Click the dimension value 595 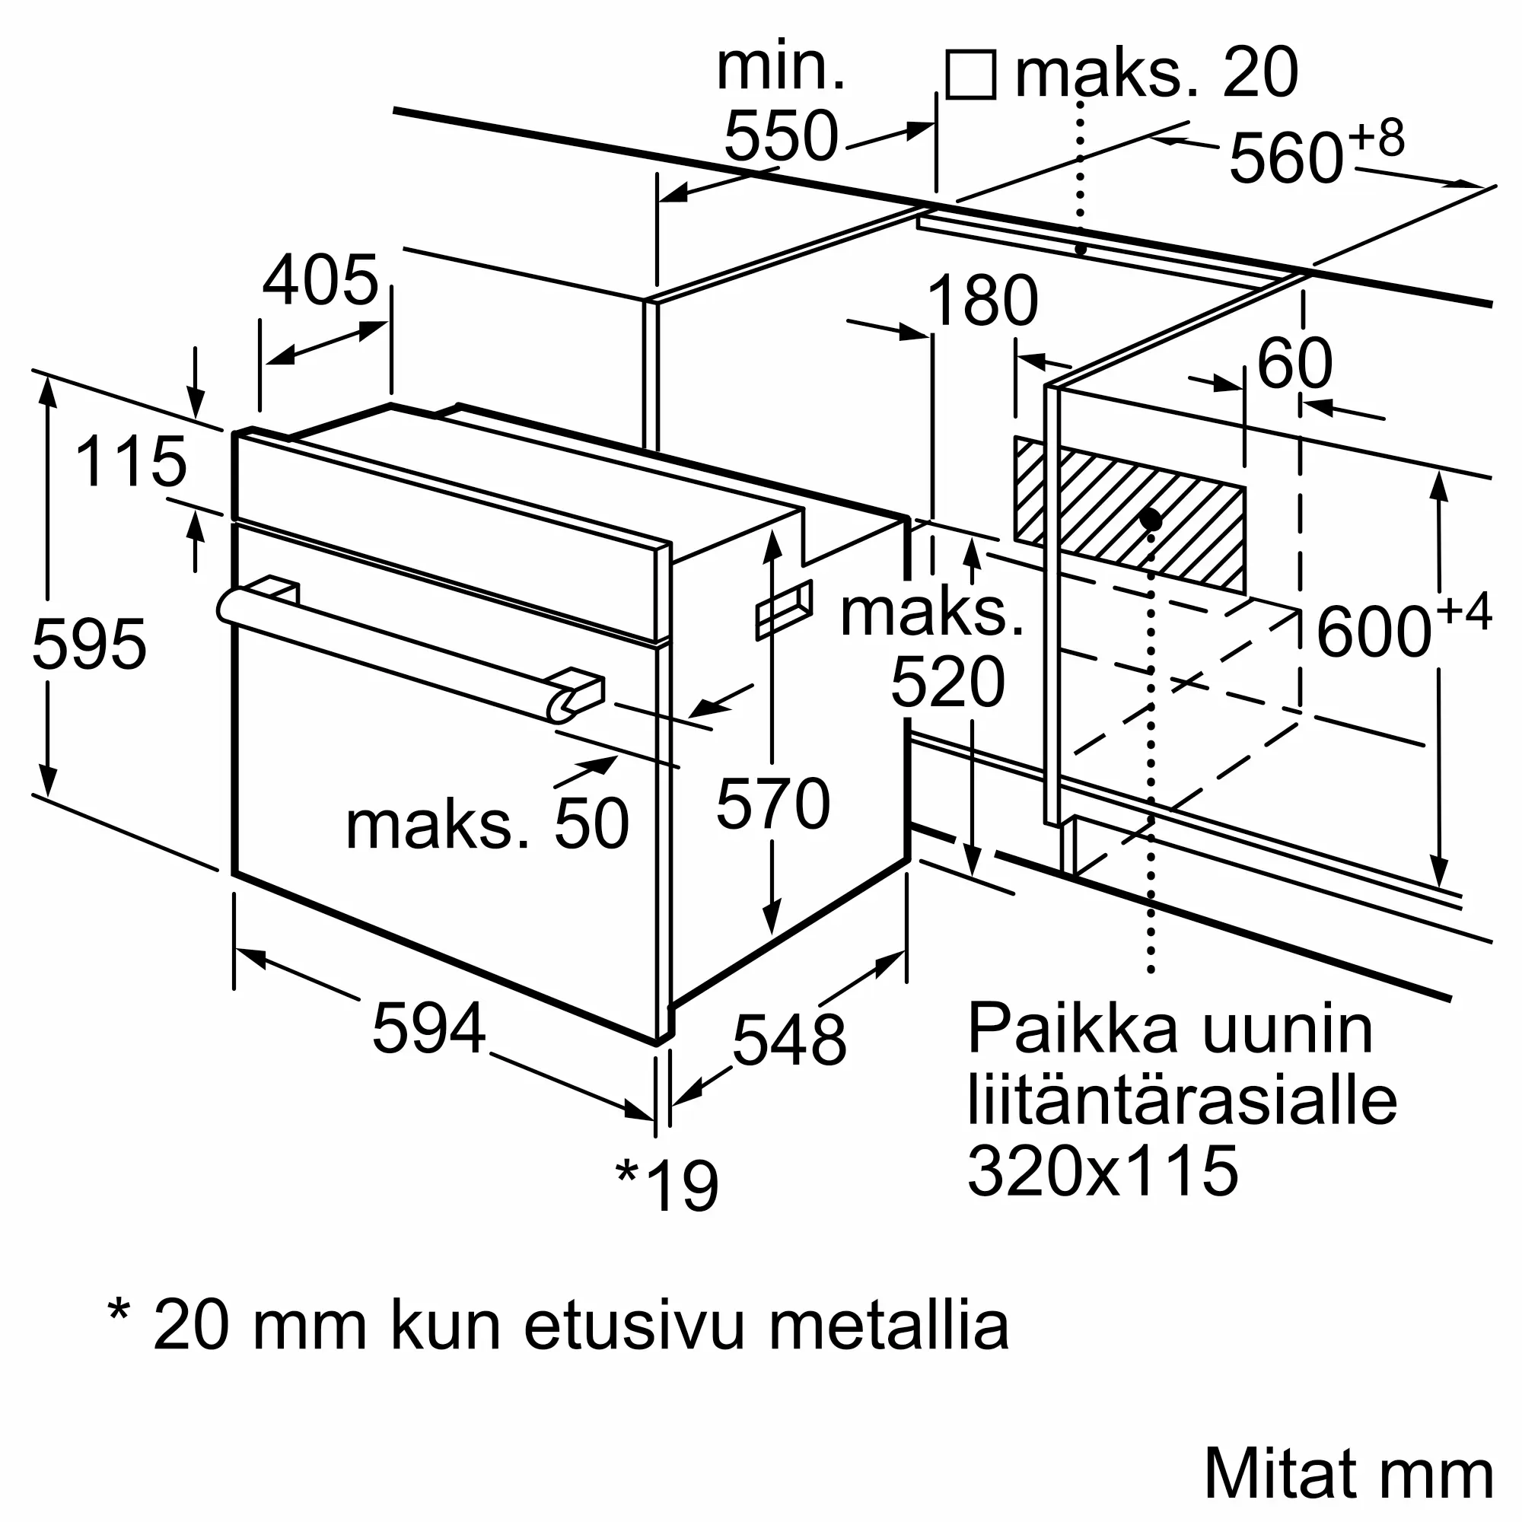89,645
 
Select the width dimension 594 428,1028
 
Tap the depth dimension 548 788,1040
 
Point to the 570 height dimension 773,804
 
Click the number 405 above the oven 320,281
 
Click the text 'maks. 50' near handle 487,824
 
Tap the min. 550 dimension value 781,136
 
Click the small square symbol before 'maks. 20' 970,75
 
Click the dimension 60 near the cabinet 1294,363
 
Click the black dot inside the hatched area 1150,519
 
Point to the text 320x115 1102,1171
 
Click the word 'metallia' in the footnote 888,1326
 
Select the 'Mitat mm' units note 1348,1473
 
